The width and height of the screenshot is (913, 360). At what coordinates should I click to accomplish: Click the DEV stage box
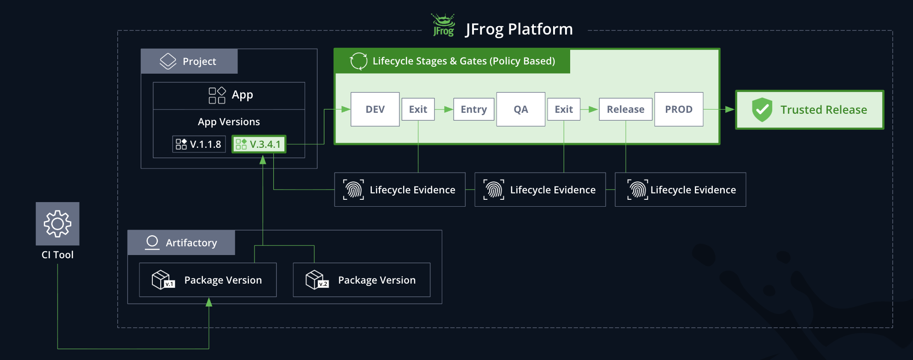(375, 109)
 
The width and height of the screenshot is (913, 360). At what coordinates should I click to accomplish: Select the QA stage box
(520, 109)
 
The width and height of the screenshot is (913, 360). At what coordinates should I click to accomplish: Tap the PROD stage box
(678, 109)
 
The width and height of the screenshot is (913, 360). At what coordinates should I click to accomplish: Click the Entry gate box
(474, 109)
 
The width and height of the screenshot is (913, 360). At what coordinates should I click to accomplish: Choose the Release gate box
(625, 109)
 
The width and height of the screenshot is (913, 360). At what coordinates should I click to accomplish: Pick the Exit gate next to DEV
(418, 109)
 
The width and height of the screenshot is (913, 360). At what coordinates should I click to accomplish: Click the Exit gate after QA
(563, 109)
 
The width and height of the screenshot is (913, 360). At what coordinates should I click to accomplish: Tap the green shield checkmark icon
(762, 110)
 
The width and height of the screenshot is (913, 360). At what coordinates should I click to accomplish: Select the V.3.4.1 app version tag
(259, 144)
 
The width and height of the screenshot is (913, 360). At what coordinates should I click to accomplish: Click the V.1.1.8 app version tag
(199, 144)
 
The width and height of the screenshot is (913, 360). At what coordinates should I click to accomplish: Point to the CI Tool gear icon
(58, 224)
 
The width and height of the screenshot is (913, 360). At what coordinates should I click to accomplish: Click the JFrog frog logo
(443, 25)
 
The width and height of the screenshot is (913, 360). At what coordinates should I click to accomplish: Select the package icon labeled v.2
(317, 279)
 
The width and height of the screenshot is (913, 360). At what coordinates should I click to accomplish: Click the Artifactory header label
(191, 243)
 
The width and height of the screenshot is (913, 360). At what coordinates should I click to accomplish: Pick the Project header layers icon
(168, 61)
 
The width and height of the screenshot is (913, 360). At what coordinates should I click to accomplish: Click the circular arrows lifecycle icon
(358, 61)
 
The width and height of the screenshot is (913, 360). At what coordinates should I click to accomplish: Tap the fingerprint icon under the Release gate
(637, 190)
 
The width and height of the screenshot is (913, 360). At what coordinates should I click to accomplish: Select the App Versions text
(229, 122)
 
